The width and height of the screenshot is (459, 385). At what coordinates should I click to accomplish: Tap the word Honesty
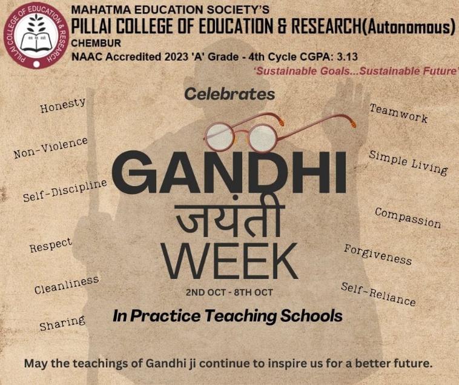pos(63,105)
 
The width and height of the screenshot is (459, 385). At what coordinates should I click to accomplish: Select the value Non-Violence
pos(51,148)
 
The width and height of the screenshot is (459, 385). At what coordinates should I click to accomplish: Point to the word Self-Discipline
pos(65,190)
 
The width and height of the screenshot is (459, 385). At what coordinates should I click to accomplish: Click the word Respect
pos(51,245)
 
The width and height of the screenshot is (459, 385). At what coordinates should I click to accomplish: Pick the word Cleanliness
pos(67,284)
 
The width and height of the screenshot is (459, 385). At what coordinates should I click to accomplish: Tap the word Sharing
pos(62,323)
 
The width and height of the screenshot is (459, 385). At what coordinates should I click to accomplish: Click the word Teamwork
pos(398,113)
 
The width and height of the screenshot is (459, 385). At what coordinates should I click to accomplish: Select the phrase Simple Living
pos(408,163)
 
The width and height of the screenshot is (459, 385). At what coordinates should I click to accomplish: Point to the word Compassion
pos(408,218)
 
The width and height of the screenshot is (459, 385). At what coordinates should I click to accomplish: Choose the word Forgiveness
pos(378,255)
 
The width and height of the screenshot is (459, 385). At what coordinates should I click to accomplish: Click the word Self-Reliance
pos(378,294)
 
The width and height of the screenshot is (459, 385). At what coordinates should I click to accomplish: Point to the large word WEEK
pos(230,261)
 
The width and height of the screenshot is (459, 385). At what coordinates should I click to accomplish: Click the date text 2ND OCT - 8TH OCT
pos(230,292)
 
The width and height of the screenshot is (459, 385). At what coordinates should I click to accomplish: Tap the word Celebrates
pos(230,94)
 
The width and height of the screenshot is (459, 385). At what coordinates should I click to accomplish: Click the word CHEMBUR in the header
pos(96,44)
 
